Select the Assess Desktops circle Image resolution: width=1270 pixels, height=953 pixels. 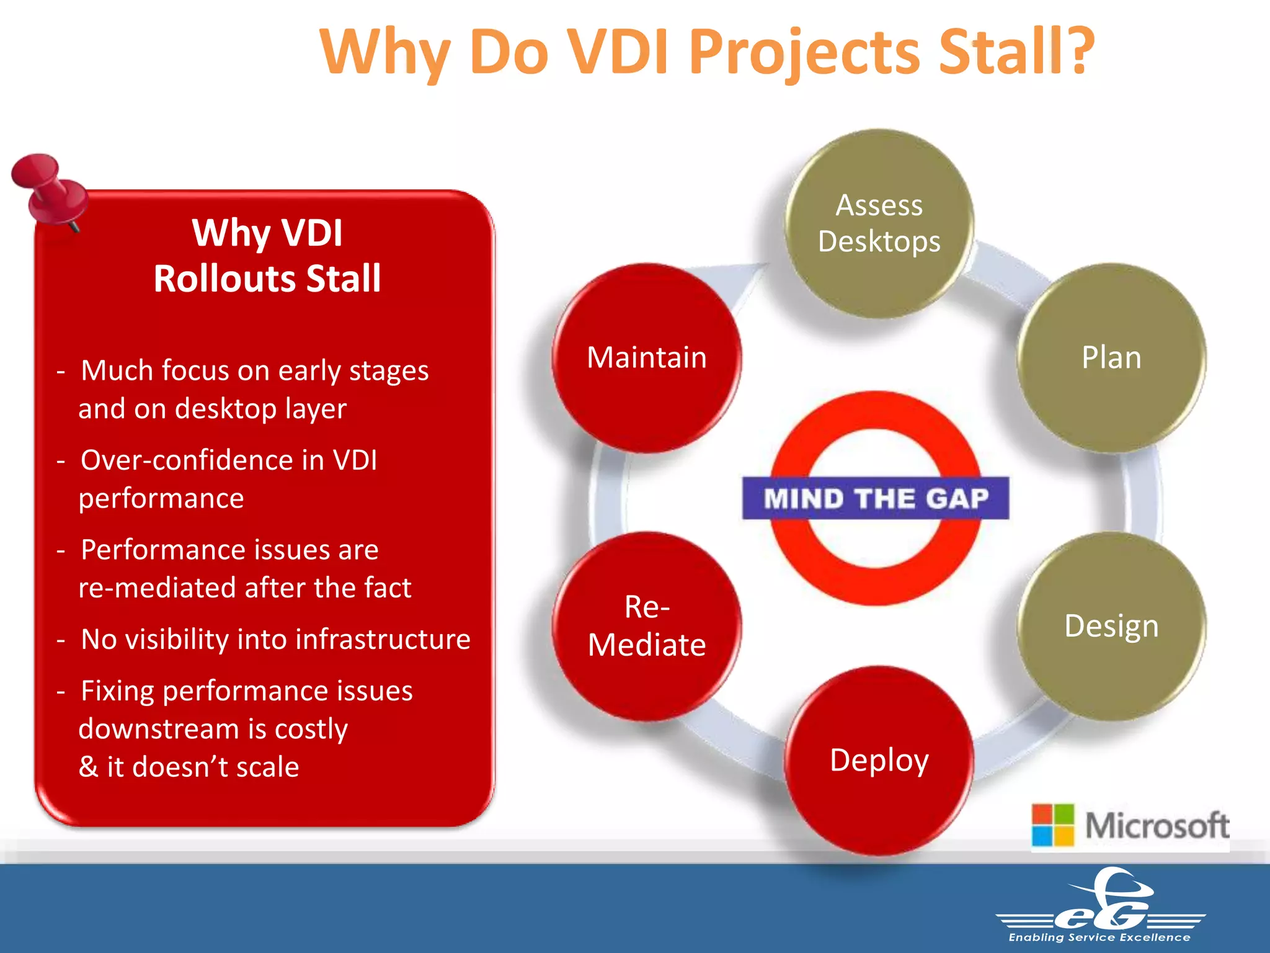[x=879, y=224]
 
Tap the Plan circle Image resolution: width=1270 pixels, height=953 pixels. [x=1111, y=358]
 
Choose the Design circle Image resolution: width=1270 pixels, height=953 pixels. [x=1111, y=626]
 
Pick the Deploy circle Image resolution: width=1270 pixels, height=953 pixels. [x=879, y=761]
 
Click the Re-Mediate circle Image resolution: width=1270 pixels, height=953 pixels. [x=647, y=626]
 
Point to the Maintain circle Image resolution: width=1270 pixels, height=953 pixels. [x=647, y=358]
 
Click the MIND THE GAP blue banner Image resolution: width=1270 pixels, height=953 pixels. [x=875, y=498]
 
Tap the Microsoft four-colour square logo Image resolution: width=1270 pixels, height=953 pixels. [x=1052, y=825]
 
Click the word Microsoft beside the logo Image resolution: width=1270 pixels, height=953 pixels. [x=1157, y=826]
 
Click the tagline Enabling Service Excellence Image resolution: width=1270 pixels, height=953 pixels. [x=1099, y=937]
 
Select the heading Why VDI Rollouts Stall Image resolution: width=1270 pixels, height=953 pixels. [x=267, y=255]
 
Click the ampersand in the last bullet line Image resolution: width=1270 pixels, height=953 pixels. [x=89, y=767]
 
